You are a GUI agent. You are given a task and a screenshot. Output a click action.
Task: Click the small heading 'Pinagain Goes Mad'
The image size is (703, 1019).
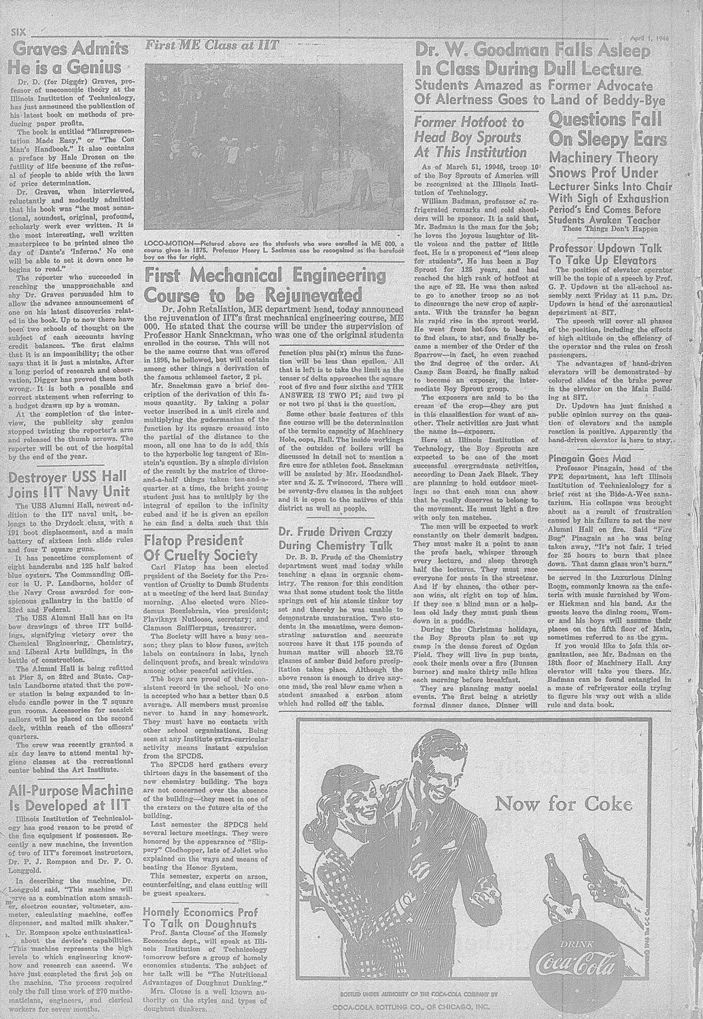(x=589, y=459)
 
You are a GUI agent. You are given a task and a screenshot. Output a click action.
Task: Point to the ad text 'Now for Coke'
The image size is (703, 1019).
(x=564, y=804)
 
